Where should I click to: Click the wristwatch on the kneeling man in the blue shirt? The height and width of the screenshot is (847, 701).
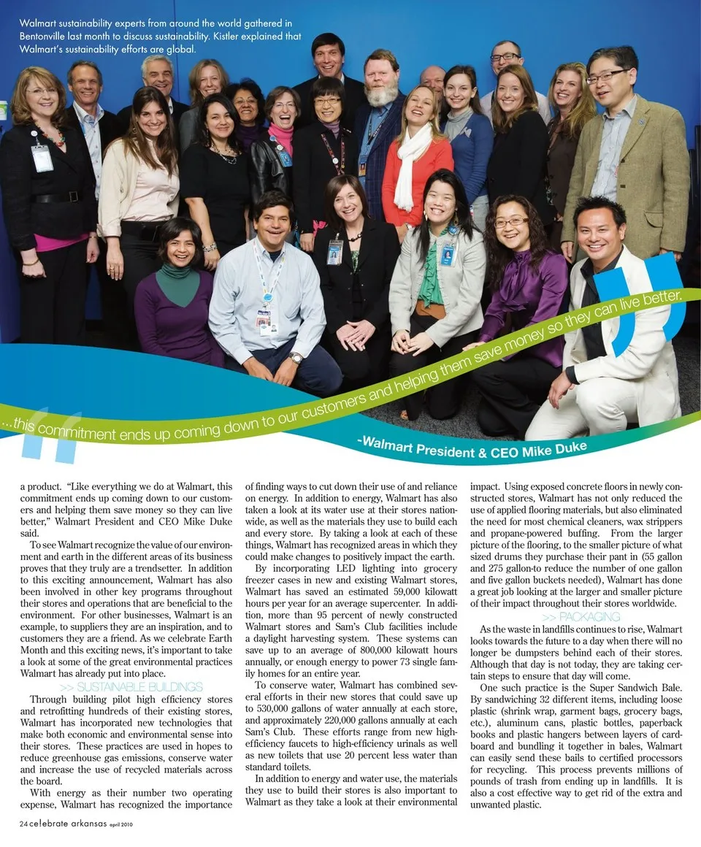295,358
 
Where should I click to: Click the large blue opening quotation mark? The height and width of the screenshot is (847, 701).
51,436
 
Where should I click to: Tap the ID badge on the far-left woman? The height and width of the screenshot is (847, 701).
42,157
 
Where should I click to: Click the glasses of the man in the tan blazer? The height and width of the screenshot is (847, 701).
608,77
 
